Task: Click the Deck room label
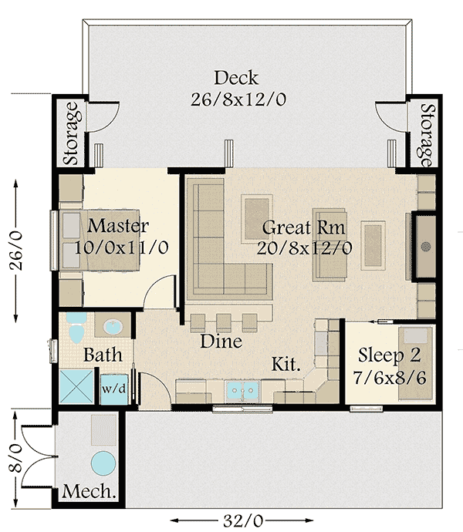(x=236, y=78)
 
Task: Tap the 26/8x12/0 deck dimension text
(x=238, y=99)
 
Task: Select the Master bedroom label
(x=118, y=226)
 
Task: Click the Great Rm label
(x=303, y=227)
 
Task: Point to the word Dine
(x=221, y=341)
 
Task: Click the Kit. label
(x=286, y=364)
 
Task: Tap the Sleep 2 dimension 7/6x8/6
(x=390, y=377)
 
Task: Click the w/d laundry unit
(x=114, y=389)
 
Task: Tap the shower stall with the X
(x=76, y=387)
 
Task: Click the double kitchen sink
(x=242, y=390)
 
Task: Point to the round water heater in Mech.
(x=103, y=463)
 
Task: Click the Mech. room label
(x=89, y=491)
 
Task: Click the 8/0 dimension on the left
(x=15, y=459)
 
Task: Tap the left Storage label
(x=73, y=133)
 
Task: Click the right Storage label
(x=428, y=136)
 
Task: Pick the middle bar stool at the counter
(x=224, y=323)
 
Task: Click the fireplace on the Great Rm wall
(x=424, y=247)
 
